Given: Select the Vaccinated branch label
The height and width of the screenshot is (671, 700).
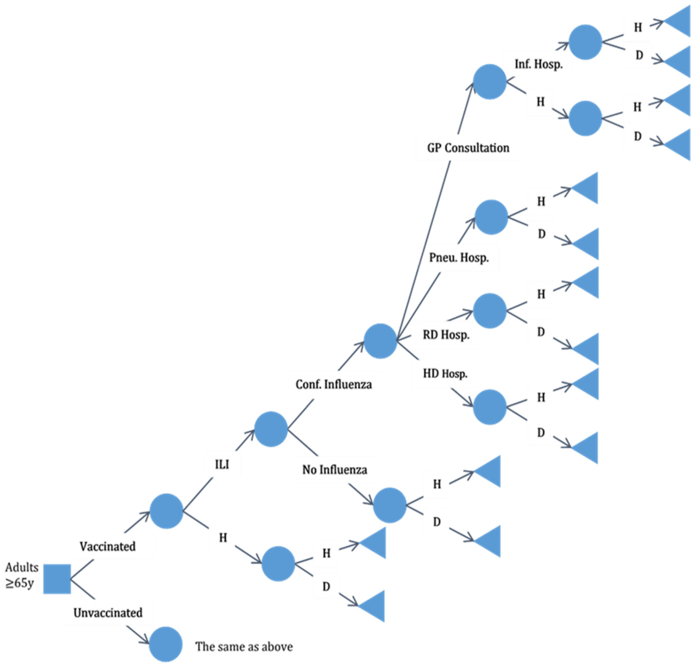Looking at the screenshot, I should pyautogui.click(x=108, y=546).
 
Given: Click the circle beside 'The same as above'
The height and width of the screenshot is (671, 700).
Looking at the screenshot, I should pyautogui.click(x=166, y=644).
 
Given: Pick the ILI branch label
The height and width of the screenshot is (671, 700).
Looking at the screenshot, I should pyautogui.click(x=222, y=465).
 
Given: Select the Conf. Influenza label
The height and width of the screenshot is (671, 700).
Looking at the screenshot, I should pyautogui.click(x=334, y=384).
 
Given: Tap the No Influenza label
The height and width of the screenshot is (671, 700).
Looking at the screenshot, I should pyautogui.click(x=335, y=470).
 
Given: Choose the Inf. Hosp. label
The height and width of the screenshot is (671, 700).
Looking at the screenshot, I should pyautogui.click(x=538, y=64).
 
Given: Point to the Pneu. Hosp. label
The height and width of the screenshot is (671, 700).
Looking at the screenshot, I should pyautogui.click(x=459, y=257).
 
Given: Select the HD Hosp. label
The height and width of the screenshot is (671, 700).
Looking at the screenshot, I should pyautogui.click(x=445, y=374).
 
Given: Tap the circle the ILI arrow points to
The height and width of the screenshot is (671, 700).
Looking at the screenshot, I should pyautogui.click(x=271, y=429).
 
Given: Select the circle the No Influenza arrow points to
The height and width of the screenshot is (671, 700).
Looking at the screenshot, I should pyautogui.click(x=390, y=505).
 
